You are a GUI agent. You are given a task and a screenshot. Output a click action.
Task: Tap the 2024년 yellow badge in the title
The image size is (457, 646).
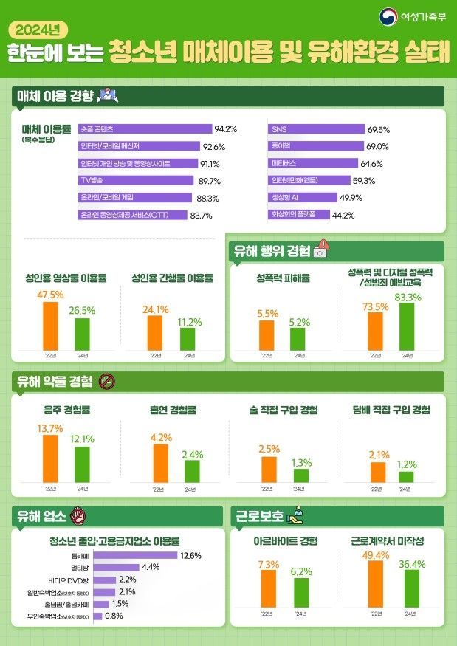click(39, 30)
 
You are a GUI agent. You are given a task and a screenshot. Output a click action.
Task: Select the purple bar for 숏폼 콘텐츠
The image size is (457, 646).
click(145, 129)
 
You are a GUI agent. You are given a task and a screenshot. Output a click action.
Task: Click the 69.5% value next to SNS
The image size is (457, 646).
click(379, 129)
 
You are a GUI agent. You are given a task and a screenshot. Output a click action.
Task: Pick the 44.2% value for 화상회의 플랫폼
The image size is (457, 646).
click(344, 215)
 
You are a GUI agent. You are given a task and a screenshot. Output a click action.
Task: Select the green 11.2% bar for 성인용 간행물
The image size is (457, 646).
click(188, 338)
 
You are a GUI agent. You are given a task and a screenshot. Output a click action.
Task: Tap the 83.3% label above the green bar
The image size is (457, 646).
click(408, 298)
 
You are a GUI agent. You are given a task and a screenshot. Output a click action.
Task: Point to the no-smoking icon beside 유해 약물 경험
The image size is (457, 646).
click(106, 382)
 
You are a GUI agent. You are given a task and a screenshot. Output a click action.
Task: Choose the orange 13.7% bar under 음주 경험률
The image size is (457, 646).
click(49, 458)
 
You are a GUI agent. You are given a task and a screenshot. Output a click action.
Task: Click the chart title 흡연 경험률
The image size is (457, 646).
click(171, 409)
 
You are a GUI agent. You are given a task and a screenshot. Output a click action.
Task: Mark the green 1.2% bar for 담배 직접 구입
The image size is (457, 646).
click(406, 476)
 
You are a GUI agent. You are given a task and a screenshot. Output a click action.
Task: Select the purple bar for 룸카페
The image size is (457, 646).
click(137, 555)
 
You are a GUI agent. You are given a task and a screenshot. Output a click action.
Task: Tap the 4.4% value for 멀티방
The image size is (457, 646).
click(151, 567)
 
